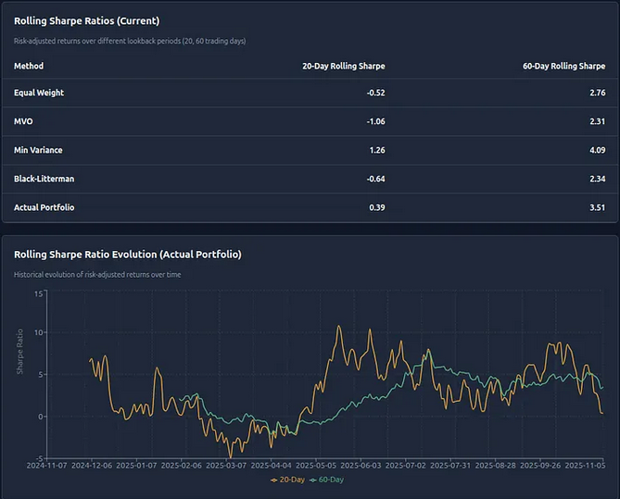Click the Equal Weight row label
click(x=39, y=93)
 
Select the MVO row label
click(x=24, y=121)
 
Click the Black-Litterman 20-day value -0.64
click(x=373, y=179)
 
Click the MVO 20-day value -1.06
click(x=373, y=121)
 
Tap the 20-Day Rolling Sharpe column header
click(x=343, y=66)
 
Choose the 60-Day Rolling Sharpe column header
click(x=563, y=66)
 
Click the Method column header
click(x=29, y=66)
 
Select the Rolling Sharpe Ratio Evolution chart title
click(x=127, y=254)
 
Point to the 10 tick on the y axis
click(x=39, y=332)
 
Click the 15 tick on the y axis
click(x=39, y=293)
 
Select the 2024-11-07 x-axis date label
click(x=46, y=466)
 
